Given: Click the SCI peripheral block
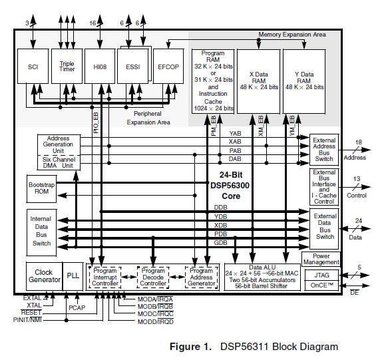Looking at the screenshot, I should coord(33,67).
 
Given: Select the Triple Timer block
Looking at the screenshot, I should coord(67,67).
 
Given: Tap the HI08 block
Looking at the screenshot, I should coord(100,67).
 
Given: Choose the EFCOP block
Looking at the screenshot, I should coord(168,67).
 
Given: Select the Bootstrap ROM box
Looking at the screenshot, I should coord(41,188).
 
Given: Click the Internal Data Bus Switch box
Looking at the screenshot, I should coord(41,230).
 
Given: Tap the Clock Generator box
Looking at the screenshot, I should coord(44,275).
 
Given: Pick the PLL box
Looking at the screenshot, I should coord(73,275).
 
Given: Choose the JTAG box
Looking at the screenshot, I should coord(321,274).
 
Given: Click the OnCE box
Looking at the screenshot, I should coord(321,286).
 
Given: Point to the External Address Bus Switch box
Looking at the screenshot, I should coord(325,150).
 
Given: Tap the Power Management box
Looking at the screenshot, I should coord(321,259).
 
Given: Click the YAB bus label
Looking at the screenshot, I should coord(235,133).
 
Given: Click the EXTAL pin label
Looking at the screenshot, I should coord(31,297).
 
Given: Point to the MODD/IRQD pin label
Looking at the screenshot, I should coord(155,321).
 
